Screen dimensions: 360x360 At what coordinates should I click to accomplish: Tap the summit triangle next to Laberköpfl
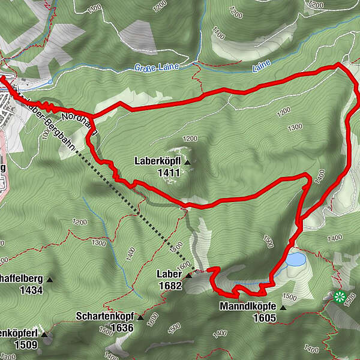pos(187,163)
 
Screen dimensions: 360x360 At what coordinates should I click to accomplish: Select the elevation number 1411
pos(169,173)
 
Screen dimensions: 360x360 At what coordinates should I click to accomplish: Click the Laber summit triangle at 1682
pos(189,276)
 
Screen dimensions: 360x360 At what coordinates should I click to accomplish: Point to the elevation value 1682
pos(170,286)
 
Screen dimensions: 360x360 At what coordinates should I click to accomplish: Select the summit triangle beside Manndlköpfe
pos(283,307)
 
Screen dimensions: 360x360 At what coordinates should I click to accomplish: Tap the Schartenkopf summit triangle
pos(140,317)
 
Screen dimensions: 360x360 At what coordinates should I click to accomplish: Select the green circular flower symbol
pos(340,296)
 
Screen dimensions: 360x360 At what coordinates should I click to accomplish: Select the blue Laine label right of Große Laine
pos(262,62)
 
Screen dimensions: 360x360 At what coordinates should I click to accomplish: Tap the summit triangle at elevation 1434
pos(50,280)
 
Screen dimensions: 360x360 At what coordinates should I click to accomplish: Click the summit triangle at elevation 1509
pos(46,334)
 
